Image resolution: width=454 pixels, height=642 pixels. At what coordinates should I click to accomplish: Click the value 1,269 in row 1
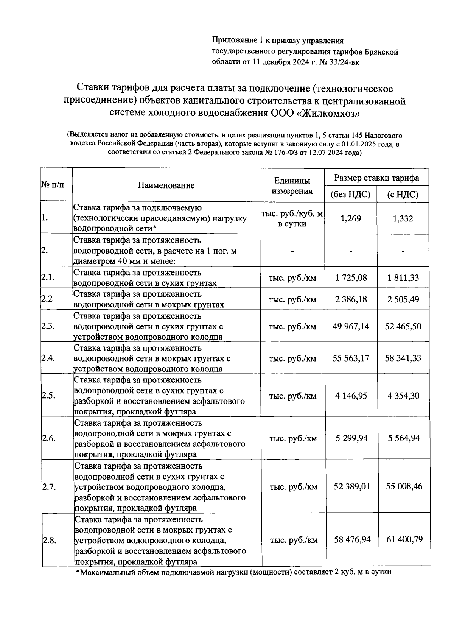point(351,218)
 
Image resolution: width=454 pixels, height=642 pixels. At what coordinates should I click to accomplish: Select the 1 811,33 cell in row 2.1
point(403,278)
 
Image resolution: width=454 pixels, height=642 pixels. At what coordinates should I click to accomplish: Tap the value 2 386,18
point(351,299)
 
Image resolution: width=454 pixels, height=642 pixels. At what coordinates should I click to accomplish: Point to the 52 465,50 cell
point(403,326)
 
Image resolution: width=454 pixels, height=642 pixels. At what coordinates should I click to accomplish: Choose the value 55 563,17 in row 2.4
point(351,358)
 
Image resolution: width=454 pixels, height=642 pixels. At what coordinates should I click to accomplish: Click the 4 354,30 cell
point(403,396)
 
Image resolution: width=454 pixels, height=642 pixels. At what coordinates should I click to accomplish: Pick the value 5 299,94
point(351,438)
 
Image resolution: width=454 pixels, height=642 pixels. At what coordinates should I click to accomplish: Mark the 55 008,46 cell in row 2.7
point(404,486)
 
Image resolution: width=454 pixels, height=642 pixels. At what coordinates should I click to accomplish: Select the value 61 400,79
point(404,539)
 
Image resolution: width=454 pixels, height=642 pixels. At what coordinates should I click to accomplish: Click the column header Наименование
point(166,185)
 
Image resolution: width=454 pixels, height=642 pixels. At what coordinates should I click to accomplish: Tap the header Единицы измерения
point(292,185)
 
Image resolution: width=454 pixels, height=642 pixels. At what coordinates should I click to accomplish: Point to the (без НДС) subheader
point(350,195)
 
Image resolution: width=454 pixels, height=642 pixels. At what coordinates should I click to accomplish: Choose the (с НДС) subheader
point(403,195)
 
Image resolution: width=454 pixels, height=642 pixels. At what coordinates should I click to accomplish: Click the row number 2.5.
point(49,396)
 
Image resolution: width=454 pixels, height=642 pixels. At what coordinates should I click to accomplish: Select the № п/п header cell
point(53,185)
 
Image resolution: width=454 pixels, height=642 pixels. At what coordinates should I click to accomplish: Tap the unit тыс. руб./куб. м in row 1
point(292,214)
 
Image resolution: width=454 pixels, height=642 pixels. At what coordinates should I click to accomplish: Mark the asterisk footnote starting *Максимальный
point(233,572)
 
